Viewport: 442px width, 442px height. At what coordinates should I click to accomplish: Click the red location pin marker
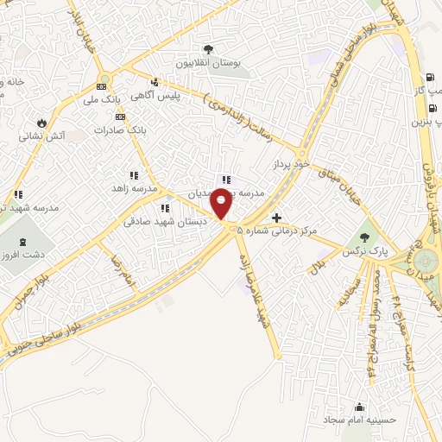coord(222,204)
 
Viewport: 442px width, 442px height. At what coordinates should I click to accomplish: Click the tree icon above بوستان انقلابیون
coord(208,49)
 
